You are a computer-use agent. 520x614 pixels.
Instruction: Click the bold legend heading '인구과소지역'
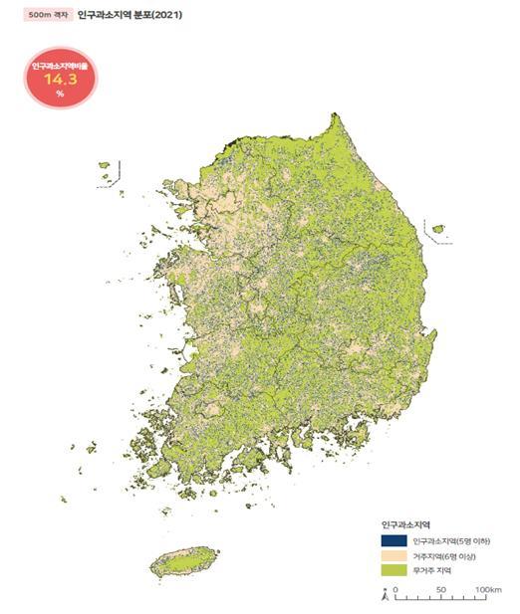(405, 521)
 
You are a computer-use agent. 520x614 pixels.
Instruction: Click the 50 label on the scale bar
(441, 590)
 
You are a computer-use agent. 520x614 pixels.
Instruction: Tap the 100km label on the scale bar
(488, 590)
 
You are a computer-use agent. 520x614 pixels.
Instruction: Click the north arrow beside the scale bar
(385, 595)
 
